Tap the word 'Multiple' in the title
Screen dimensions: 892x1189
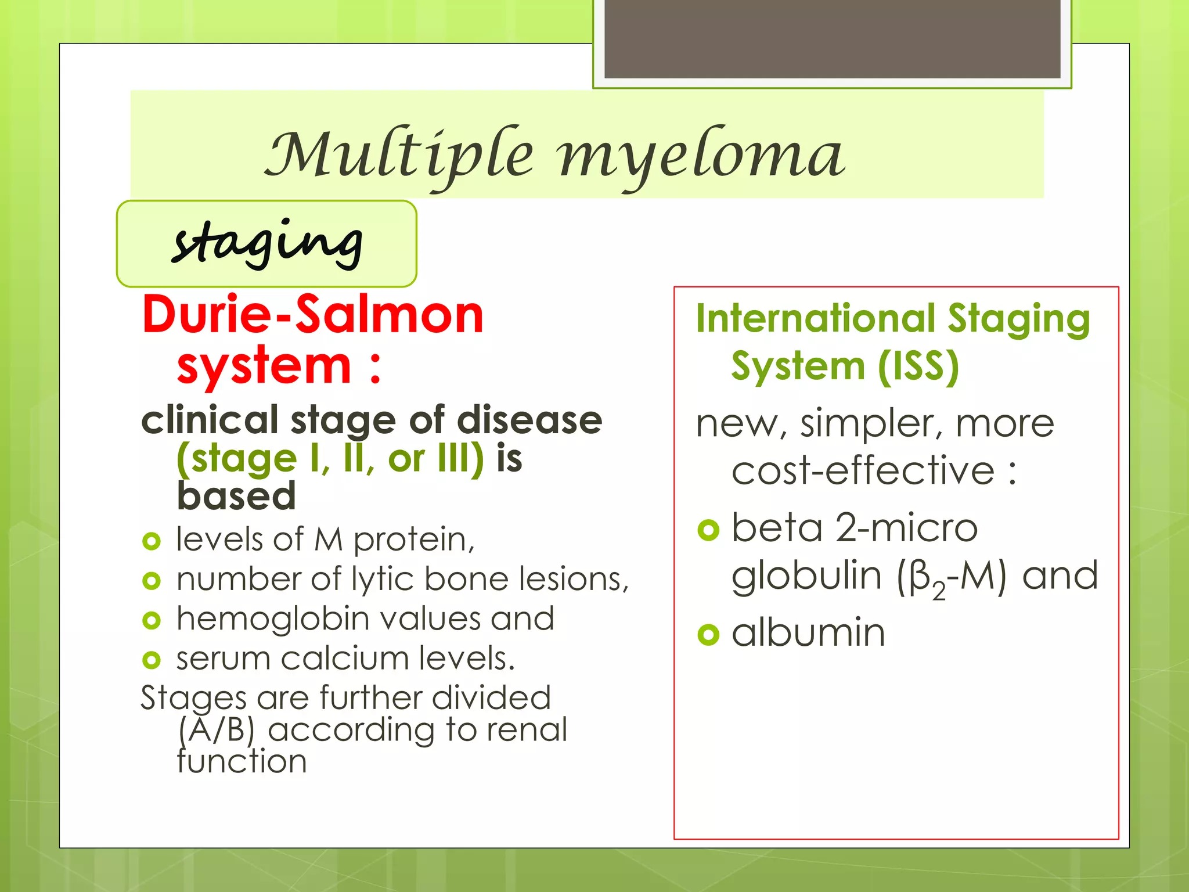pyautogui.click(x=399, y=154)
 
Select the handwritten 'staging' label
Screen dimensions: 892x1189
pyautogui.click(x=267, y=243)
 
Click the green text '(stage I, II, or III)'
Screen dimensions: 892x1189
pyautogui.click(x=330, y=459)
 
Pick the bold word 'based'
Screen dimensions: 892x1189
pyautogui.click(x=236, y=496)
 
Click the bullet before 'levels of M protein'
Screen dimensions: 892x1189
pyautogui.click(x=151, y=541)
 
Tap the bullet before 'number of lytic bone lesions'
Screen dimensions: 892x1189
pyautogui.click(x=151, y=580)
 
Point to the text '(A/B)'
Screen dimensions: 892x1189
pyautogui.click(x=216, y=730)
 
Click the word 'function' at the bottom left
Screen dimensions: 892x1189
pyautogui.click(x=242, y=761)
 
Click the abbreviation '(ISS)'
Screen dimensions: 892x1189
pyautogui.click(x=918, y=366)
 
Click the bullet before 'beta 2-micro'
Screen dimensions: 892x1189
pyautogui.click(x=708, y=530)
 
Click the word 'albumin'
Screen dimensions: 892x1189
pyautogui.click(x=808, y=632)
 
